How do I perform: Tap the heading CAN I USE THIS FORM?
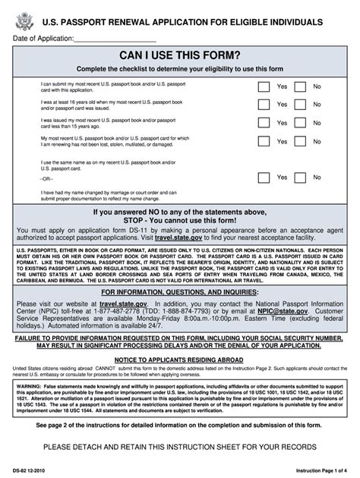click(x=180, y=58)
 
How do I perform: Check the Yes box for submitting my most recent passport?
click(x=263, y=86)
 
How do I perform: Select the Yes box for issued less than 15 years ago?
click(x=263, y=123)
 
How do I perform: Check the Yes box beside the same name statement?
click(x=263, y=177)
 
